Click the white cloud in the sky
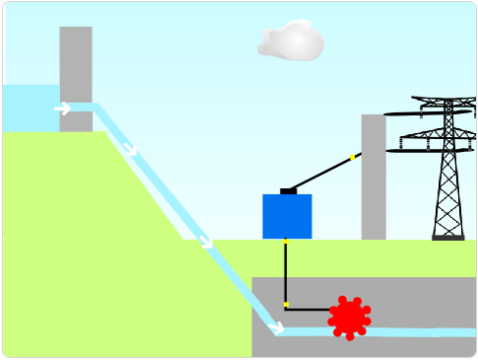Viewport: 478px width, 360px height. click(x=291, y=41)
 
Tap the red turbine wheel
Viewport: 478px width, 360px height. click(x=349, y=317)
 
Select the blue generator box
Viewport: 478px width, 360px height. click(x=287, y=216)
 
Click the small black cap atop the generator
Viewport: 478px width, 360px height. click(x=288, y=190)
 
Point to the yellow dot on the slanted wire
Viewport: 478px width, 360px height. click(x=353, y=157)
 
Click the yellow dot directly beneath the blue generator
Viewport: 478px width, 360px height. click(x=286, y=241)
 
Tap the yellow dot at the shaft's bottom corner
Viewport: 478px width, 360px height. click(x=286, y=305)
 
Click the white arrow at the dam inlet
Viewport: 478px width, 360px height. click(x=63, y=108)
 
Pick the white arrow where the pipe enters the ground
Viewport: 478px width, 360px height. click(x=206, y=241)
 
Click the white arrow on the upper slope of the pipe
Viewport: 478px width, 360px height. click(x=131, y=150)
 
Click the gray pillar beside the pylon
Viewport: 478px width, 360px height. click(x=374, y=178)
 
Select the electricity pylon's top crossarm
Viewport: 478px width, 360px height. click(x=448, y=101)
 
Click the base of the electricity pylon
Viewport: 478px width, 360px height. click(x=448, y=237)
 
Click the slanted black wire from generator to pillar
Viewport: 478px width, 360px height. click(x=320, y=173)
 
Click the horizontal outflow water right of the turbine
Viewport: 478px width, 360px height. click(x=424, y=331)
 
